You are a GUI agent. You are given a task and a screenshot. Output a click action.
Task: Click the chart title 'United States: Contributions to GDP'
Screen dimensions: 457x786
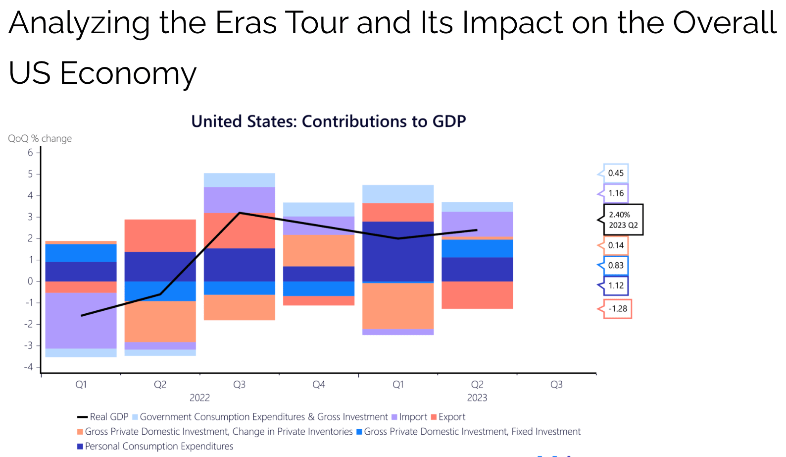(329, 121)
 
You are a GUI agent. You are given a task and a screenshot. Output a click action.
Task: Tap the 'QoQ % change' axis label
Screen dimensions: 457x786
(40, 138)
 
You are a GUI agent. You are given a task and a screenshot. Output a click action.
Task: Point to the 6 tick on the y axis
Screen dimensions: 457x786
(31, 152)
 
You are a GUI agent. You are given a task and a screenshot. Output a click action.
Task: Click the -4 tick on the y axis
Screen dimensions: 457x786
(29, 367)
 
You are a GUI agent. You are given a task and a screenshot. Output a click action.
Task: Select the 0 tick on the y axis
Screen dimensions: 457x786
(31, 281)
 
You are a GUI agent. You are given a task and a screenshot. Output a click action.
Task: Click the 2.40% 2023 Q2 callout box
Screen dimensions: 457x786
(623, 220)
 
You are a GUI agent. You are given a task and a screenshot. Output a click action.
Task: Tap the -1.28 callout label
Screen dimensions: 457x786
(617, 308)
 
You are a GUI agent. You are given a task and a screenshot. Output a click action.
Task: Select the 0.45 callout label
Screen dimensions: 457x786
(616, 173)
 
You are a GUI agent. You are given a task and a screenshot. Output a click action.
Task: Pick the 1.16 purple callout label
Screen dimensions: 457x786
(616, 193)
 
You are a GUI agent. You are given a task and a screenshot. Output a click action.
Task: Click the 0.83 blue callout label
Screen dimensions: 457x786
(616, 265)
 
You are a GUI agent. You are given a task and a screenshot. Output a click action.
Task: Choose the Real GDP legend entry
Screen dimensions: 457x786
(103, 417)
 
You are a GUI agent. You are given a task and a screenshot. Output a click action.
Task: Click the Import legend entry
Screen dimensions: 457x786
(409, 417)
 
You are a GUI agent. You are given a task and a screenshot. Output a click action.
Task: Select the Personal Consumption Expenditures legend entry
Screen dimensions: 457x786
(155, 446)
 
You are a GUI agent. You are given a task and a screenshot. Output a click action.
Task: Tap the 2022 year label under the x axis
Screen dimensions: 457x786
(199, 398)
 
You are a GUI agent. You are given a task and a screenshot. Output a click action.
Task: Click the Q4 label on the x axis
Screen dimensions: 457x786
(319, 385)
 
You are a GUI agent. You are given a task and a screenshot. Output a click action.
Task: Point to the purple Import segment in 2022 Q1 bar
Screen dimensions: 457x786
(81, 321)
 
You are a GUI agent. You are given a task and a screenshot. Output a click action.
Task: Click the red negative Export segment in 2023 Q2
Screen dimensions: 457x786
(477, 295)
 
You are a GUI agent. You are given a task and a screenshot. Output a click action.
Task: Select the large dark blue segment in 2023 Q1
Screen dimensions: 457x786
(398, 251)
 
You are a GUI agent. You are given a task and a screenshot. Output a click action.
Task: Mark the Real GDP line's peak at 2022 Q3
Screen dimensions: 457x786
(240, 213)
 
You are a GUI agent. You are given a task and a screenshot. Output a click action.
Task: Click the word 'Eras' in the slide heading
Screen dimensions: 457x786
(246, 23)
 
